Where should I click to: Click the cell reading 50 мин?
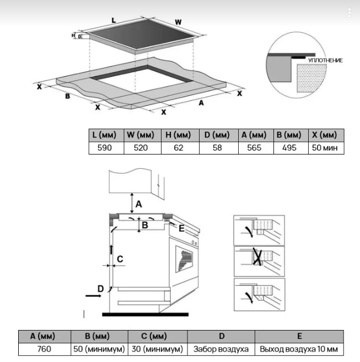click(325, 148)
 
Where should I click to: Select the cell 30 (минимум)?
click(157, 349)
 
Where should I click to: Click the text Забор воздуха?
click(221, 349)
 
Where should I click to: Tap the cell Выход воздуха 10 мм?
click(299, 349)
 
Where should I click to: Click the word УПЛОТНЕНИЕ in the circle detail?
click(325, 60)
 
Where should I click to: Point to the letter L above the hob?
click(114, 20)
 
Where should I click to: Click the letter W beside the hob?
click(178, 23)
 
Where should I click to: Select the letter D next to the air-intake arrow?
click(100, 289)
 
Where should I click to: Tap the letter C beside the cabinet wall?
click(120, 259)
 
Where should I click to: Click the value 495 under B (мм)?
click(291, 148)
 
